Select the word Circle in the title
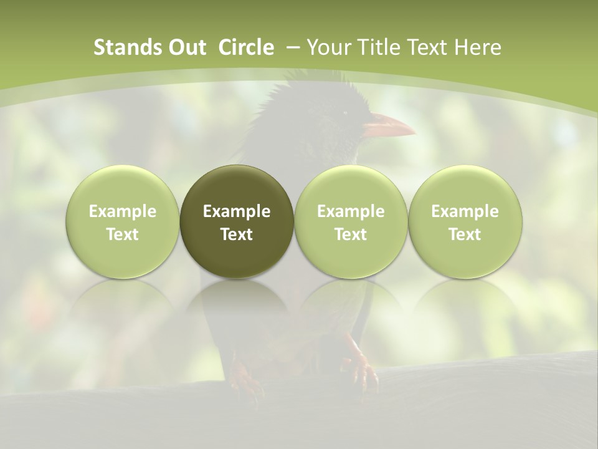click(x=246, y=47)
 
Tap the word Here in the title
click(x=478, y=47)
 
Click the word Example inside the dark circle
click(x=237, y=211)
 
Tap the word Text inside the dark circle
click(x=237, y=234)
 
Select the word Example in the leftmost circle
click(x=123, y=211)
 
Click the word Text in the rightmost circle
click(x=465, y=234)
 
